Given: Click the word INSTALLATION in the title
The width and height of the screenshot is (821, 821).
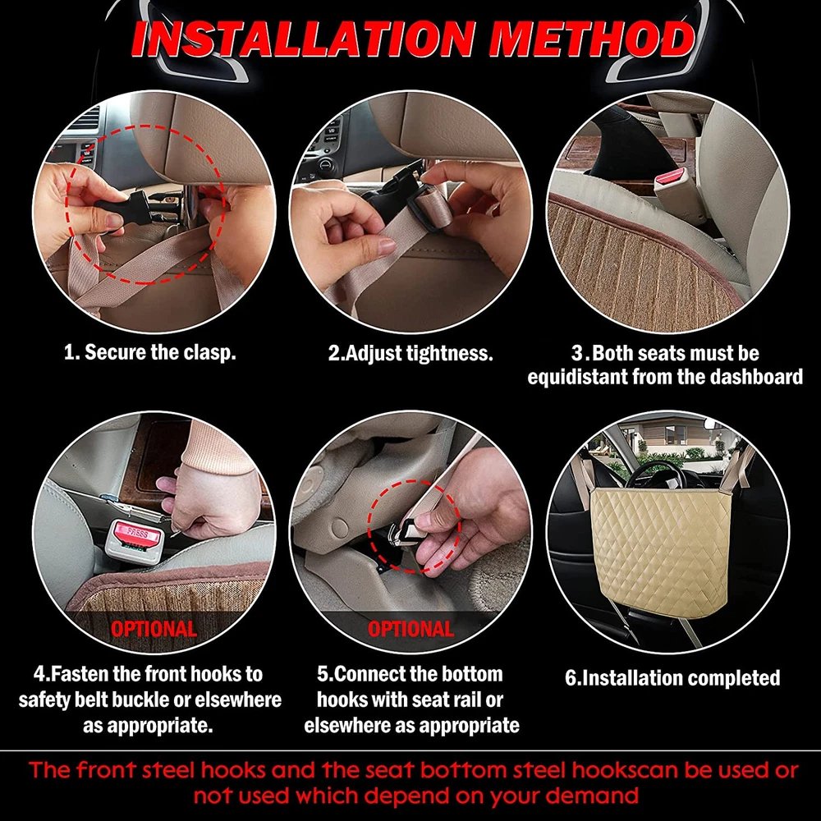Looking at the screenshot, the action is point(302,39).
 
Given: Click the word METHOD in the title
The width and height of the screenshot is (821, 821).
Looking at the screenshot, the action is point(592,39).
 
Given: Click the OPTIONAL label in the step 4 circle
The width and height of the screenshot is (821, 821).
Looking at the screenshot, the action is point(154,629).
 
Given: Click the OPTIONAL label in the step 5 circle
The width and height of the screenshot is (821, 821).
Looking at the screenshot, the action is point(410,629).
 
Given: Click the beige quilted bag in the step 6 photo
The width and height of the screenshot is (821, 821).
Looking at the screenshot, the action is point(661,553).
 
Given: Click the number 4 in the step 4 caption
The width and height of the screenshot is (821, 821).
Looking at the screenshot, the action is point(39,674).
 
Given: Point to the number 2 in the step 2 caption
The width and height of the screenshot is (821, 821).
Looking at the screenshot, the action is point(333,353).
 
